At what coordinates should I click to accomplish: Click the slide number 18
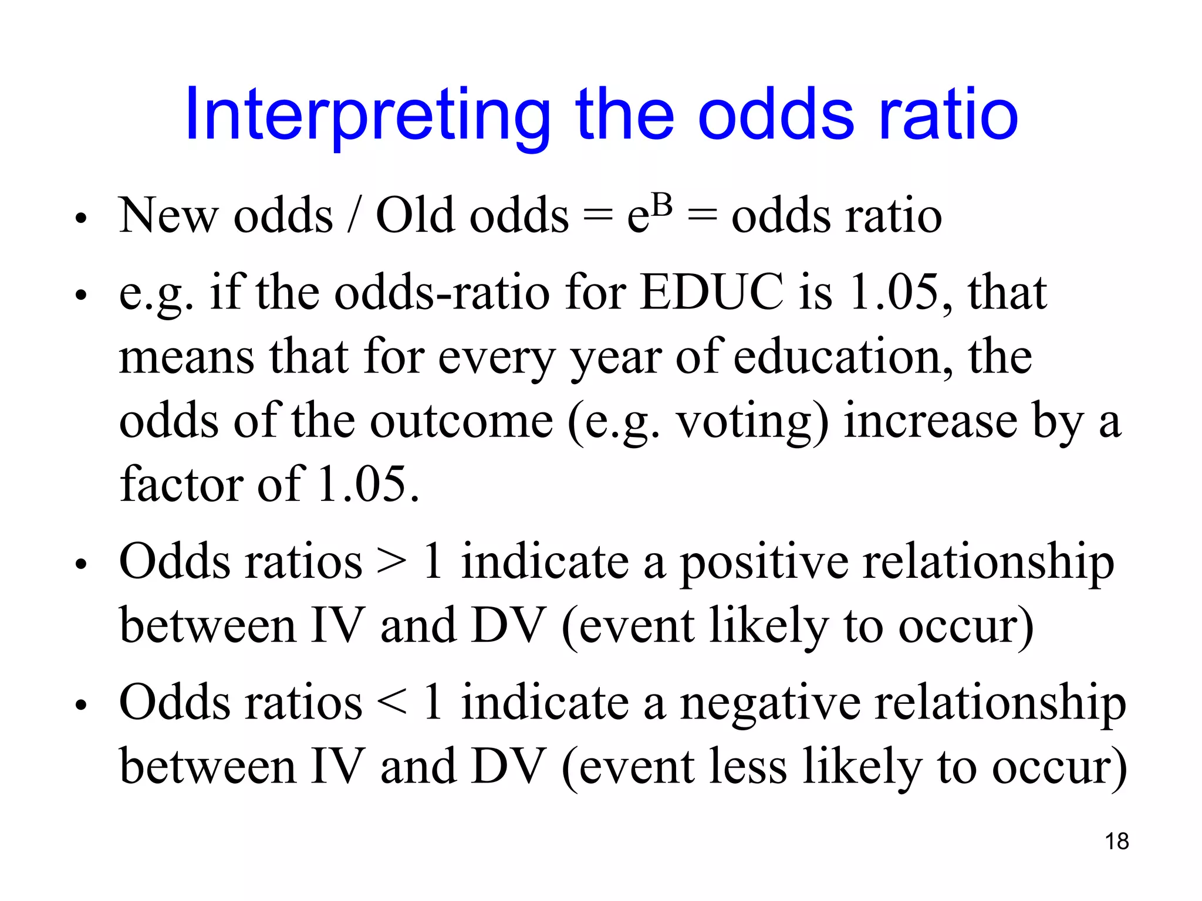click(1116, 841)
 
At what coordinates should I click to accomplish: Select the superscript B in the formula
click(661, 206)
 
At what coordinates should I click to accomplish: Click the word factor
click(180, 485)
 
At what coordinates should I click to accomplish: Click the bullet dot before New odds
click(81, 219)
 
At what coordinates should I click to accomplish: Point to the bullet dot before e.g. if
click(81, 295)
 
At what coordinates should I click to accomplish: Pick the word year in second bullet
click(615, 358)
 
